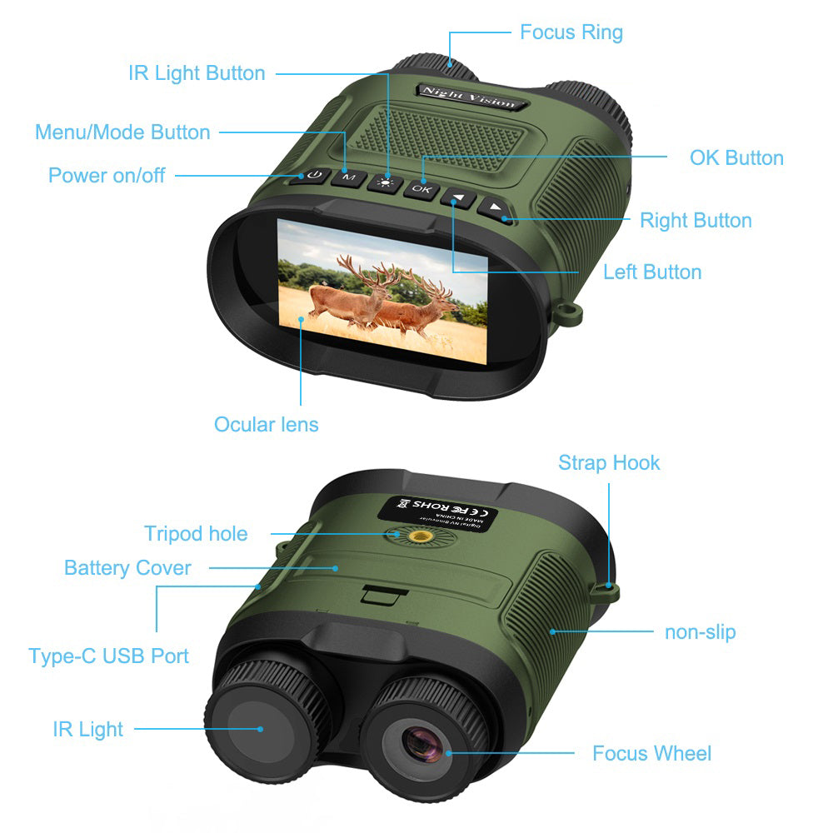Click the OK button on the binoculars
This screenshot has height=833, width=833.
(x=421, y=189)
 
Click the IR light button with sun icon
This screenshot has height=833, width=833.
(x=385, y=183)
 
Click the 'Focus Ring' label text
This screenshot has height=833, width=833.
(x=571, y=32)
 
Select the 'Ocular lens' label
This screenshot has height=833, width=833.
(x=266, y=424)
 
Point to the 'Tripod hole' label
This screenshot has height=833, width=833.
(x=196, y=533)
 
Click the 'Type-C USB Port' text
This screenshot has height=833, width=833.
(x=108, y=656)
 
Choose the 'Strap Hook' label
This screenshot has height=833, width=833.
(x=609, y=463)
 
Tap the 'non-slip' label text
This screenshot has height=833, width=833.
(x=700, y=631)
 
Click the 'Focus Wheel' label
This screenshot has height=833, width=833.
(x=651, y=754)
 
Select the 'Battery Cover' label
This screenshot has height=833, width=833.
(x=127, y=568)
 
